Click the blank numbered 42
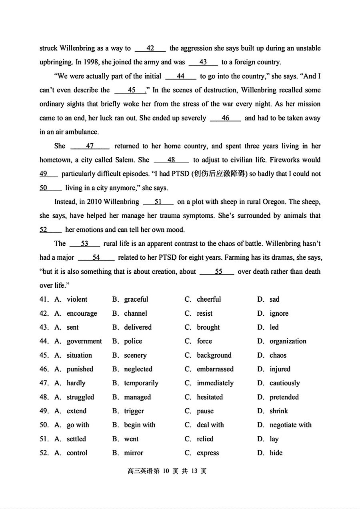pyautogui.click(x=150, y=48)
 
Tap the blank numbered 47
pyautogui.click(x=90, y=146)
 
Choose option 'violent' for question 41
pyautogui.click(x=77, y=299)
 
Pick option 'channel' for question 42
pyautogui.click(x=136, y=313)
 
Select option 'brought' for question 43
pyautogui.click(x=208, y=327)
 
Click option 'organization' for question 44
pyautogui.click(x=288, y=341)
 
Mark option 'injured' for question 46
pyautogui.click(x=280, y=369)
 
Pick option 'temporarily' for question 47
pyautogui.click(x=141, y=383)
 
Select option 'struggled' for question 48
pyautogui.click(x=80, y=397)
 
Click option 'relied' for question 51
pyautogui.click(x=205, y=439)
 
